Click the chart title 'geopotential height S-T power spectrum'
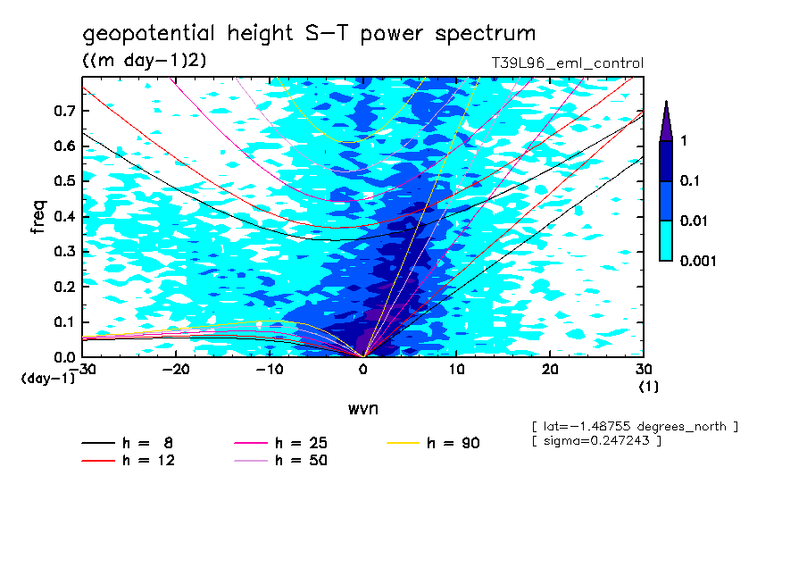[x=309, y=34]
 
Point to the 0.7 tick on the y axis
[x=63, y=111]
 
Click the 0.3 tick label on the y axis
[x=63, y=252]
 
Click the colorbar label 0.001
[x=699, y=261]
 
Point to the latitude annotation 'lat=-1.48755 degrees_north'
[x=634, y=426]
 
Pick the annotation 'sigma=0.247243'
[x=595, y=441]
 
